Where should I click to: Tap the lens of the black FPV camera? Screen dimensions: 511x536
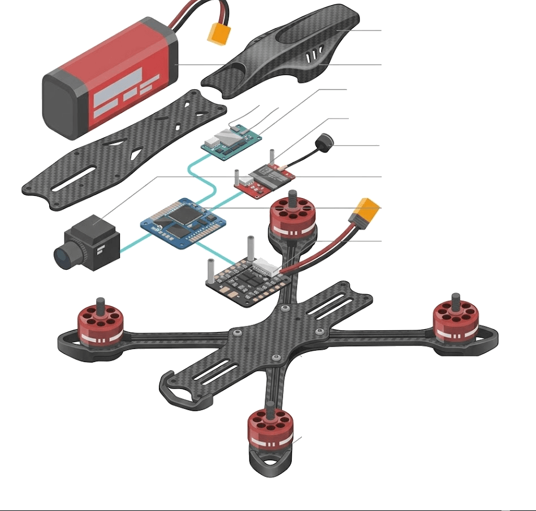(63, 255)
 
